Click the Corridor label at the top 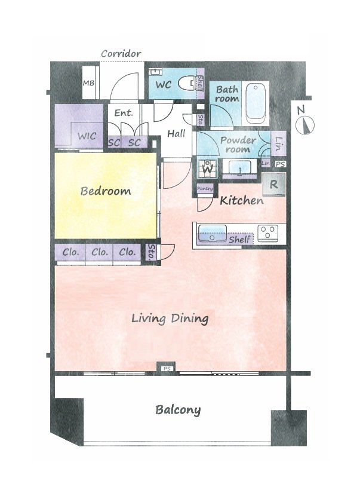click(x=121, y=53)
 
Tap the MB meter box click(x=88, y=82)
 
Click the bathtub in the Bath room click(x=256, y=103)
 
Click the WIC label click(x=87, y=136)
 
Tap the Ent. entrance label click(x=124, y=112)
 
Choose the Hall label click(x=176, y=134)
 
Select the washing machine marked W click(x=208, y=169)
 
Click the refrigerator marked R click(x=274, y=184)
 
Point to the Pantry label click(x=205, y=189)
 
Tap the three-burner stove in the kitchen click(x=267, y=234)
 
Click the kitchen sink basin click(x=212, y=233)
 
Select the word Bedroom click(x=106, y=191)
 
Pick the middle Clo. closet click(x=100, y=252)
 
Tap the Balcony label click(x=178, y=410)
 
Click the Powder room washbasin click(x=239, y=167)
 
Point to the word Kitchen click(x=242, y=201)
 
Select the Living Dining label click(x=170, y=318)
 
